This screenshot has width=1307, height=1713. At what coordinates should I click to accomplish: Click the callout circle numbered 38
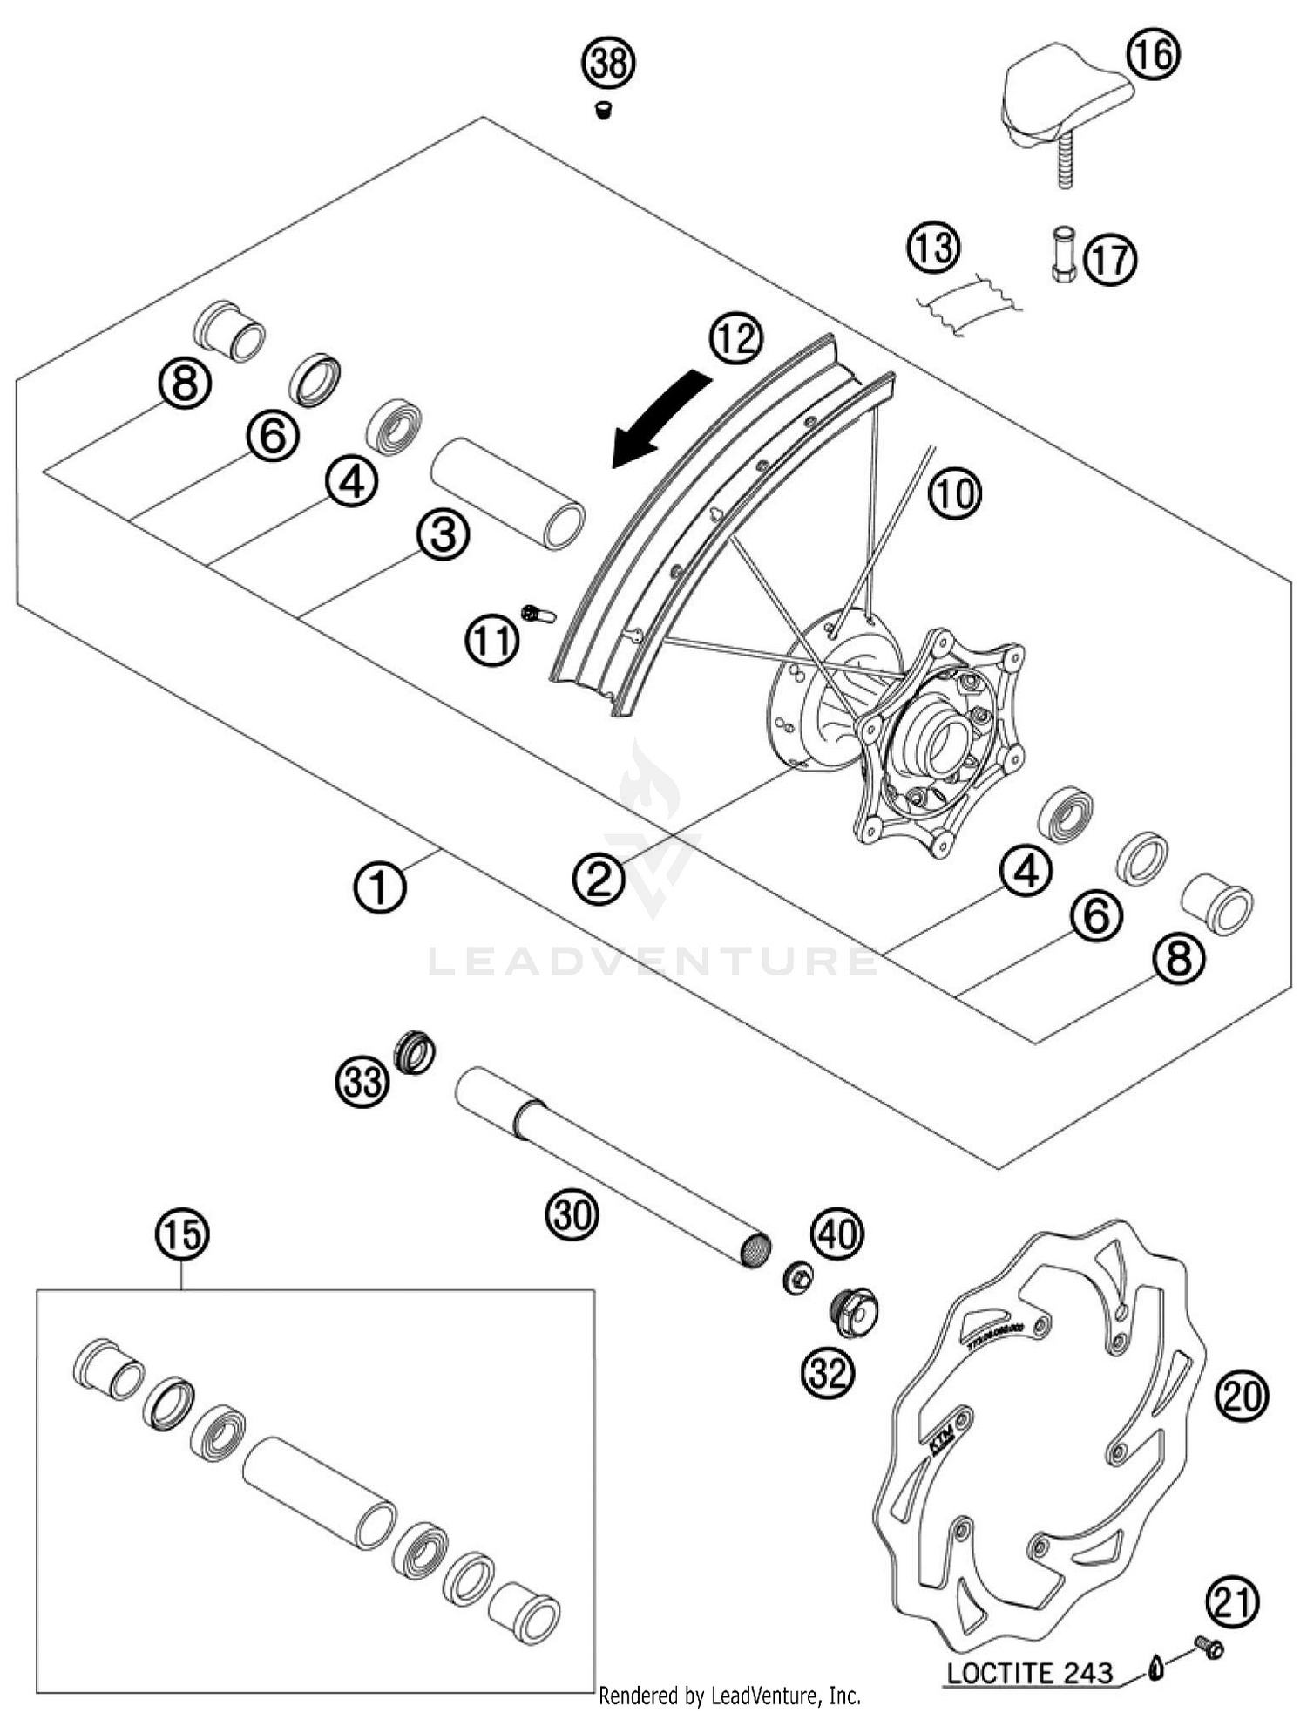tap(609, 64)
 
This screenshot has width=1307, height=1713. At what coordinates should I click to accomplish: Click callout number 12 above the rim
tap(735, 338)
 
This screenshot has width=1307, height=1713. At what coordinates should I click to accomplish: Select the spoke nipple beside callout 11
tap(537, 615)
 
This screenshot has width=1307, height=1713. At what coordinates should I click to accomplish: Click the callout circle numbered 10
tap(954, 493)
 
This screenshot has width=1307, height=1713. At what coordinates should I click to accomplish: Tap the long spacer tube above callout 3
tap(507, 493)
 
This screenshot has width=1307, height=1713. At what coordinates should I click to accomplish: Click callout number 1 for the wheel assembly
tap(380, 887)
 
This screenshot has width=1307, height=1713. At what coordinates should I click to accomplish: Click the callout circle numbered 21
tap(1233, 1602)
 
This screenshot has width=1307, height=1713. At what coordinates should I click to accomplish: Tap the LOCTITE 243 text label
tap(1029, 1672)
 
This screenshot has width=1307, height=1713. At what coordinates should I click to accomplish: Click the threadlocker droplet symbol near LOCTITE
tap(1155, 1669)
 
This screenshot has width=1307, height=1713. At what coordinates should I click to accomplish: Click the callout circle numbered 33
tap(363, 1082)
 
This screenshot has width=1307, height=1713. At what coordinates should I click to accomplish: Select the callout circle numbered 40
tap(837, 1234)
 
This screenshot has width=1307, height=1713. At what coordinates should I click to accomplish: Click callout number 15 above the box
tap(183, 1234)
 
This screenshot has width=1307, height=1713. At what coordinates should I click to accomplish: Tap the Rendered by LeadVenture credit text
tap(729, 1696)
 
